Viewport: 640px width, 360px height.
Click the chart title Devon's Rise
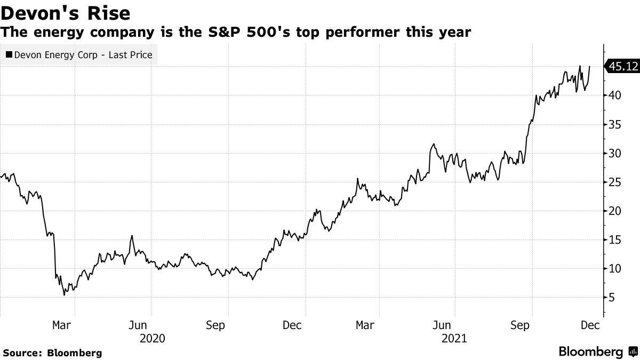(x=66, y=12)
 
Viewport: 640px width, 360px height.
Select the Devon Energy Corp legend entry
(x=78, y=54)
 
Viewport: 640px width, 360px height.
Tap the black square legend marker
(x=9, y=54)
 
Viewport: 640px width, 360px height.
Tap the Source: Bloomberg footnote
(x=52, y=353)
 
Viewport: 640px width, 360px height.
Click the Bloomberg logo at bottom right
(x=597, y=351)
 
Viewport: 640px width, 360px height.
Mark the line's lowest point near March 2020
(x=65, y=294)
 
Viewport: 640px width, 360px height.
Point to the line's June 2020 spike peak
(x=132, y=236)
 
